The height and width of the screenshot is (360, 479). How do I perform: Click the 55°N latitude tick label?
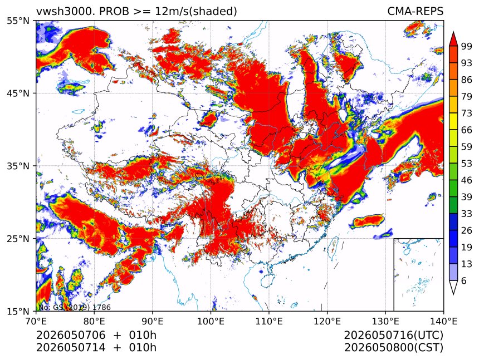(18, 21)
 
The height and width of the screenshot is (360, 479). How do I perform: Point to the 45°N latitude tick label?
(18, 93)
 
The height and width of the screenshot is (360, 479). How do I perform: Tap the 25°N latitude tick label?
(18, 238)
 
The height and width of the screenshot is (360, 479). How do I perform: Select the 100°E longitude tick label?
(211, 321)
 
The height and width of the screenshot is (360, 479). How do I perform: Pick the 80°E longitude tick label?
(94, 321)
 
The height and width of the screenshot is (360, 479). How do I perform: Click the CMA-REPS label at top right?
(415, 11)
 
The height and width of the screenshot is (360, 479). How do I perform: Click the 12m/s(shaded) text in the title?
(196, 12)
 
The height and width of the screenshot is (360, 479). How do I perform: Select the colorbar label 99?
(467, 46)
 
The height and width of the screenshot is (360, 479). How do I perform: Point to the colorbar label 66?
(467, 130)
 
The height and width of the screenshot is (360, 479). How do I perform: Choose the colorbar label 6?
(464, 280)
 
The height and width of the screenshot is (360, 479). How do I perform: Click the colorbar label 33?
(467, 214)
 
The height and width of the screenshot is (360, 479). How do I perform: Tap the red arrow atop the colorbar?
(453, 39)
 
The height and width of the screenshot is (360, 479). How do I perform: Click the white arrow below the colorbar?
(453, 287)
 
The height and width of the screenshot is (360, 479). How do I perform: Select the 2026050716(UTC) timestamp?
(393, 336)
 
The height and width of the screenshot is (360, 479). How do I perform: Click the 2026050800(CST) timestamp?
(393, 348)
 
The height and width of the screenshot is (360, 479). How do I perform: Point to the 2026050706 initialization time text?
(71, 336)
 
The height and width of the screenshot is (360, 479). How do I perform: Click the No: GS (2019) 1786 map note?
(75, 307)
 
